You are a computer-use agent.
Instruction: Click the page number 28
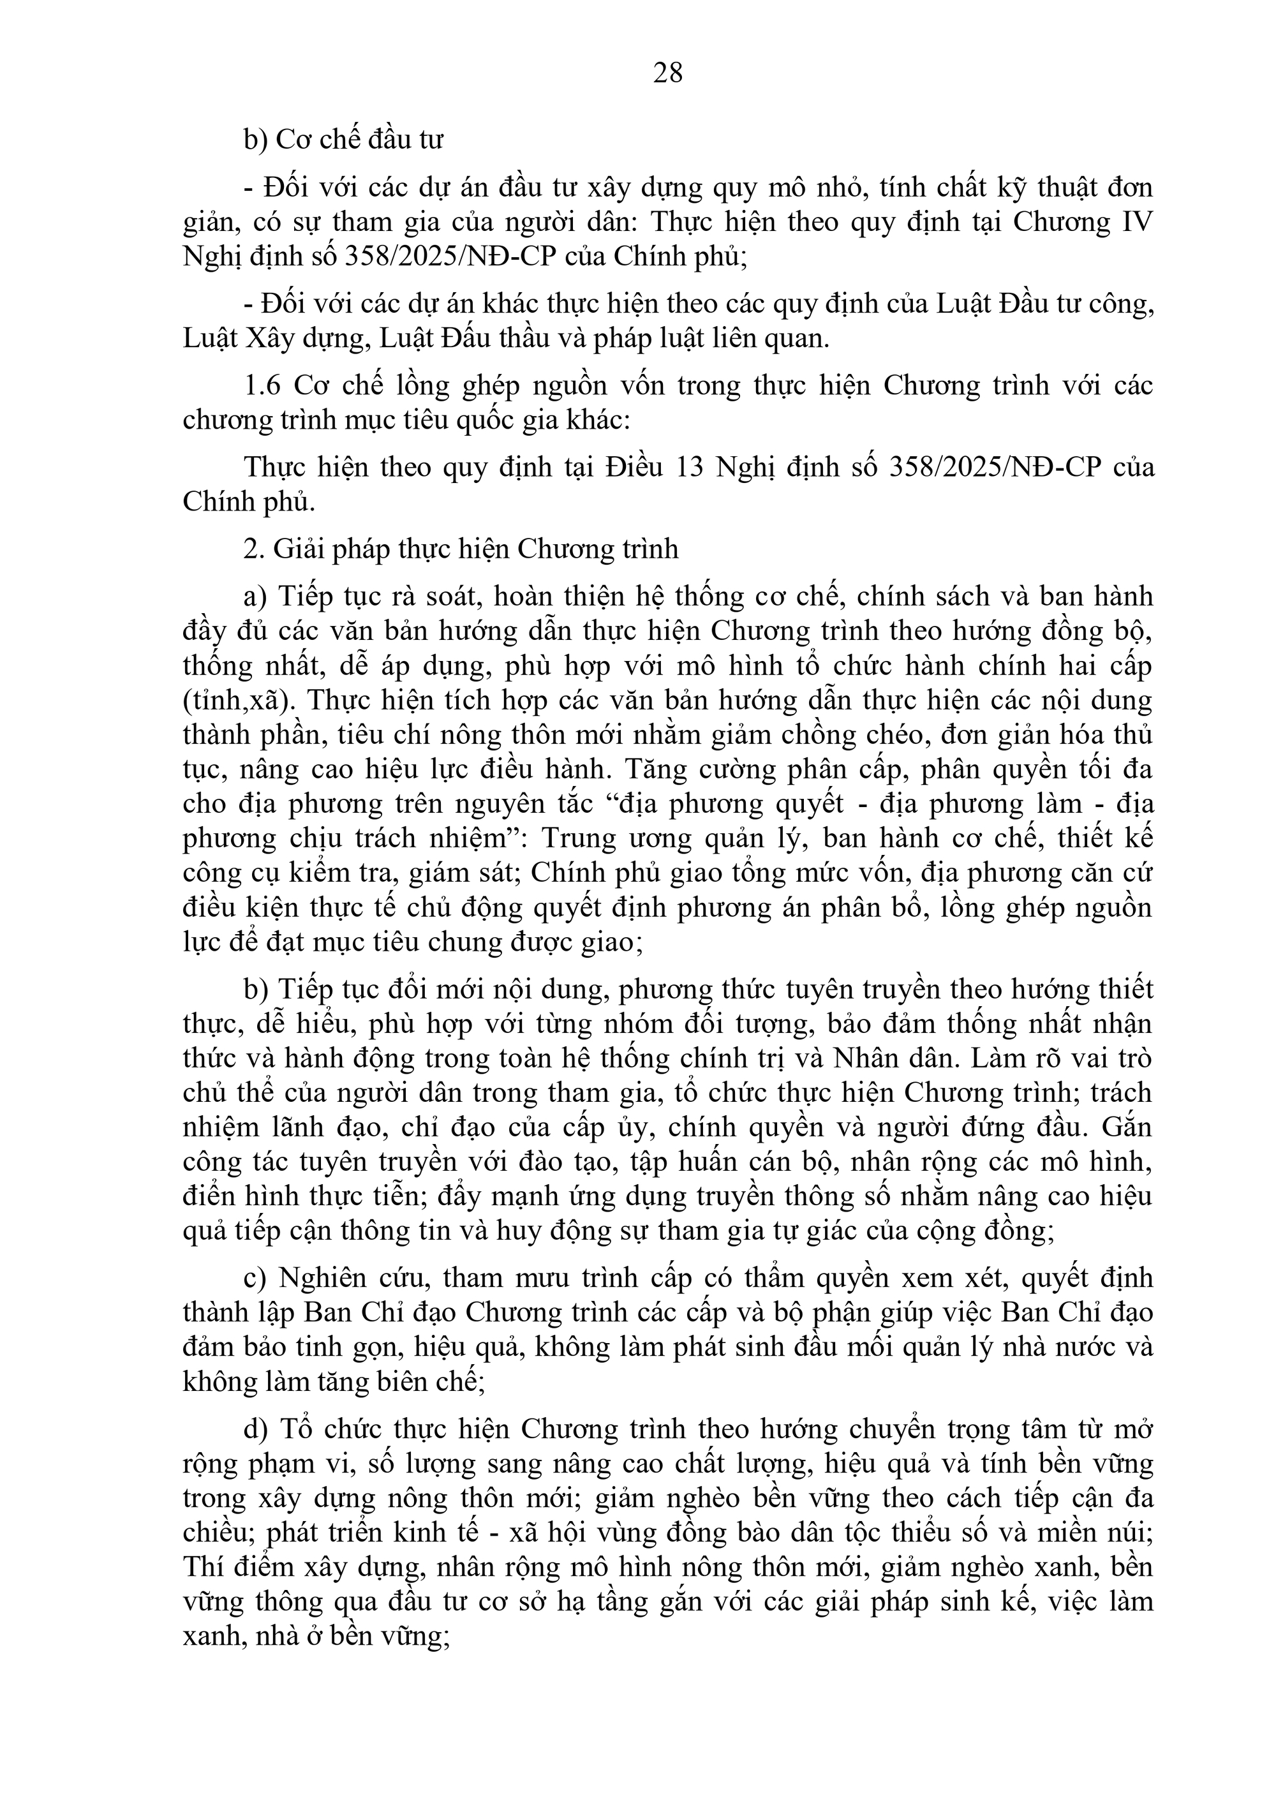tap(667, 73)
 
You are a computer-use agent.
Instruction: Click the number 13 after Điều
tap(692, 467)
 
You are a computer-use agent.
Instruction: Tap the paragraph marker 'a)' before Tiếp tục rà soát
tap(256, 597)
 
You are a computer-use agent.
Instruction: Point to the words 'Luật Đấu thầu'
tap(470, 339)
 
